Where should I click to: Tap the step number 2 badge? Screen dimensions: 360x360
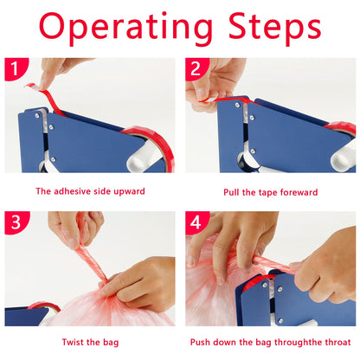pos(196,68)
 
